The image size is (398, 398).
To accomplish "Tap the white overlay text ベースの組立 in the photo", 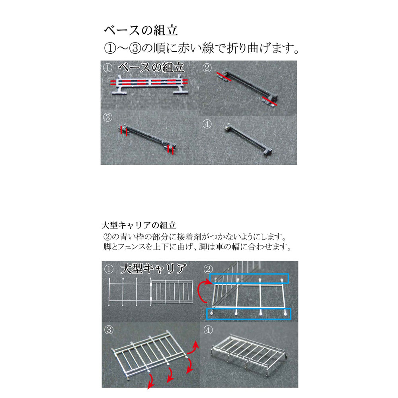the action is [x=151, y=68].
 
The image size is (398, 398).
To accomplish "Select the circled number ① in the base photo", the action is [x=107, y=68].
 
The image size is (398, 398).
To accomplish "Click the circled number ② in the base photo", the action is [x=207, y=68].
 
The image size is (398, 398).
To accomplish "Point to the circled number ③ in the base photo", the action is [x=107, y=117].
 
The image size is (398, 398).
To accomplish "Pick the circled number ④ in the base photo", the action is [x=207, y=124].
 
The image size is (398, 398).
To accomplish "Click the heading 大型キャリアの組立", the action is [x=139, y=225].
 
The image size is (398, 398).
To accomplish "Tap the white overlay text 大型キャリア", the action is [x=154, y=269].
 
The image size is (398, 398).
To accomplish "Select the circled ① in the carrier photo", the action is [x=109, y=269].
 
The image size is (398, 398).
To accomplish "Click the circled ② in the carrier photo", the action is [x=208, y=269].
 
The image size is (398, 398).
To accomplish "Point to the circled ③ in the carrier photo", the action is [x=109, y=330].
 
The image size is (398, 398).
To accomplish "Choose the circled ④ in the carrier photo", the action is [x=208, y=330].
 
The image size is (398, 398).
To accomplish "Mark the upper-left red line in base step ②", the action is [x=224, y=77].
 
